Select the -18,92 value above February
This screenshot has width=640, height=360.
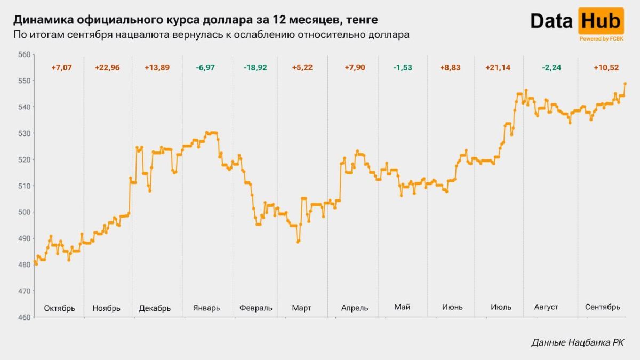[x=255, y=68]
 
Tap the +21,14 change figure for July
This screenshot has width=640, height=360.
[x=497, y=68]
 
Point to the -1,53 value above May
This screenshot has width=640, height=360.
[x=403, y=68]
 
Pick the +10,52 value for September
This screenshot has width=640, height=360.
[x=606, y=68]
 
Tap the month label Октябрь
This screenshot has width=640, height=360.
[x=59, y=308]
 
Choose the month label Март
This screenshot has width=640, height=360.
[x=301, y=308]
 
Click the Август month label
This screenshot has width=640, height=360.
[x=546, y=307]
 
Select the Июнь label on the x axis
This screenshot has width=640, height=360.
[x=452, y=307]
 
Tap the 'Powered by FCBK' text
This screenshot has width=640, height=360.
[x=601, y=38]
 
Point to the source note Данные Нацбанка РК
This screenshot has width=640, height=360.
[x=578, y=343]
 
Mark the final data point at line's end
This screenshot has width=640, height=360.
[x=625, y=84]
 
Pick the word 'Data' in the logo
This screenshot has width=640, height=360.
[x=552, y=21]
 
